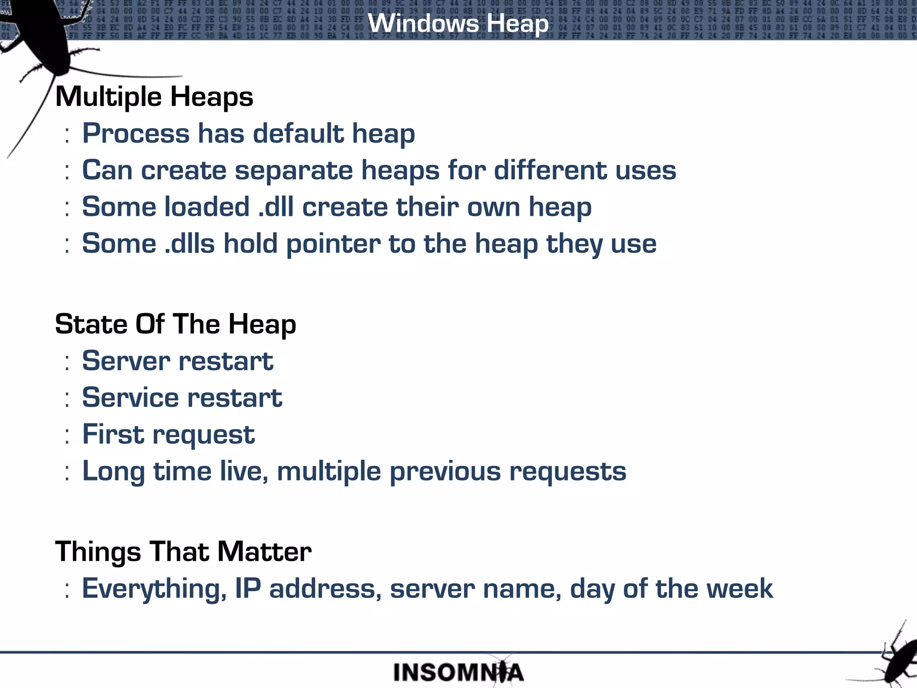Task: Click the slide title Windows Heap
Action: click(458, 23)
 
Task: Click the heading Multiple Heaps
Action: click(154, 97)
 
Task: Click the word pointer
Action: click(333, 244)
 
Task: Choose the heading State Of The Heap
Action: click(176, 324)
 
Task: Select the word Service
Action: click(130, 398)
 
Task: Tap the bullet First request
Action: click(168, 434)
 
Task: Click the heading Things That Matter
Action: click(183, 551)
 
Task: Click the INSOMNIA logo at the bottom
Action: click(458, 672)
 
